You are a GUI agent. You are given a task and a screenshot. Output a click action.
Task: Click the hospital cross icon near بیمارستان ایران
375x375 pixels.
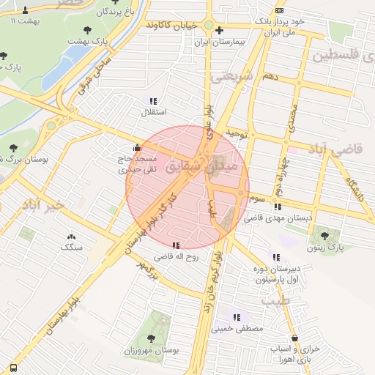[219, 30]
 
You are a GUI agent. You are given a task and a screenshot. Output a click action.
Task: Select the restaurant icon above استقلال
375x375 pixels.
[153, 101]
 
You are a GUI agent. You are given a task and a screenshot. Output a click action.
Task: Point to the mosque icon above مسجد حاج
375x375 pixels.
[137, 146]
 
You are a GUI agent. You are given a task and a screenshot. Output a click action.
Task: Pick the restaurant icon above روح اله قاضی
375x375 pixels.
[176, 245]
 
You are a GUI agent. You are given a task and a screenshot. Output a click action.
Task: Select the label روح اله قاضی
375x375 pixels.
[176, 257]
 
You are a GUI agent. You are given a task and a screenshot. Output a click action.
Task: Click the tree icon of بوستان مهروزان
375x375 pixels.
[152, 338]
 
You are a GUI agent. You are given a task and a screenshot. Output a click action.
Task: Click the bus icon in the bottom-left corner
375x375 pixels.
[12, 367]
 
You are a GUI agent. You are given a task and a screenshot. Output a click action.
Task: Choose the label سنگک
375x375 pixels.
[72, 248]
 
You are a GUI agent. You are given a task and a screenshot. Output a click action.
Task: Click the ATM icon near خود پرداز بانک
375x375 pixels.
[280, 11]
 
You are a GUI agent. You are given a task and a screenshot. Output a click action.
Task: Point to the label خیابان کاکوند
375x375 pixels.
[172, 25]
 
